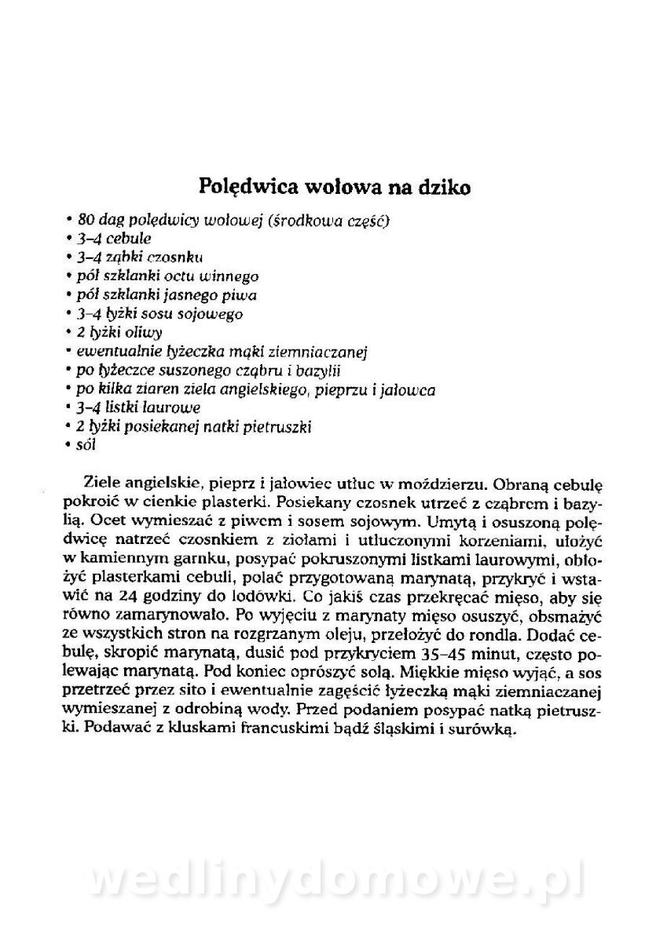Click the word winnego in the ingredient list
pos(230,276)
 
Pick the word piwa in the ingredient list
pos(242,294)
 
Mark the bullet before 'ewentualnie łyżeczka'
pos(70,351)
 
